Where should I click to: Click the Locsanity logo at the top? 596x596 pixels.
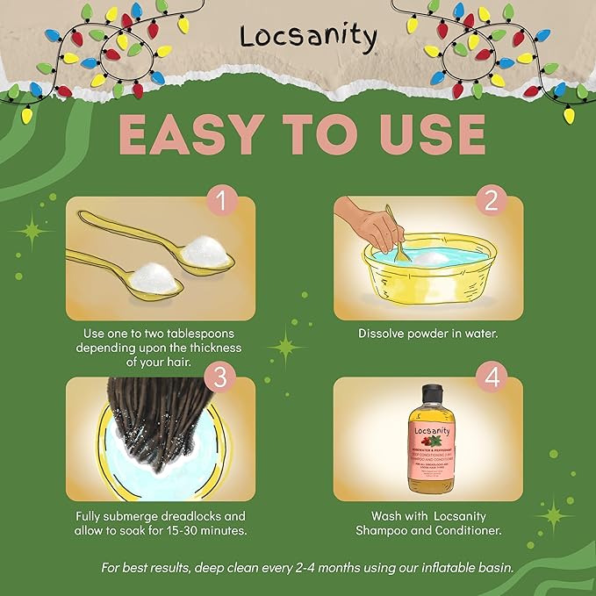click(x=307, y=38)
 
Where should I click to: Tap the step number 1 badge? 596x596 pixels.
click(x=223, y=201)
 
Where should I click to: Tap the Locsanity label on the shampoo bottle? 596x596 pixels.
click(x=429, y=431)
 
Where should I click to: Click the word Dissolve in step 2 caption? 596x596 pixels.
click(x=384, y=334)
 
